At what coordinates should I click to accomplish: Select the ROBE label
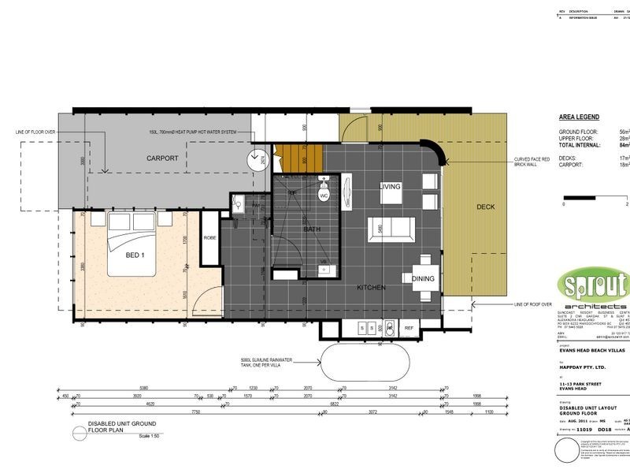209,237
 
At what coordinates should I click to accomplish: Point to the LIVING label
391,187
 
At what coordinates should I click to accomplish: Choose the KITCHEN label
370,288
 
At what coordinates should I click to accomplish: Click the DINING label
424,277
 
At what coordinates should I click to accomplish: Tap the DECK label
486,207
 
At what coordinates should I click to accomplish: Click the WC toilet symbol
323,192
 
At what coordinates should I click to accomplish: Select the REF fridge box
409,327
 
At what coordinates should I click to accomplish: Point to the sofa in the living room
391,227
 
